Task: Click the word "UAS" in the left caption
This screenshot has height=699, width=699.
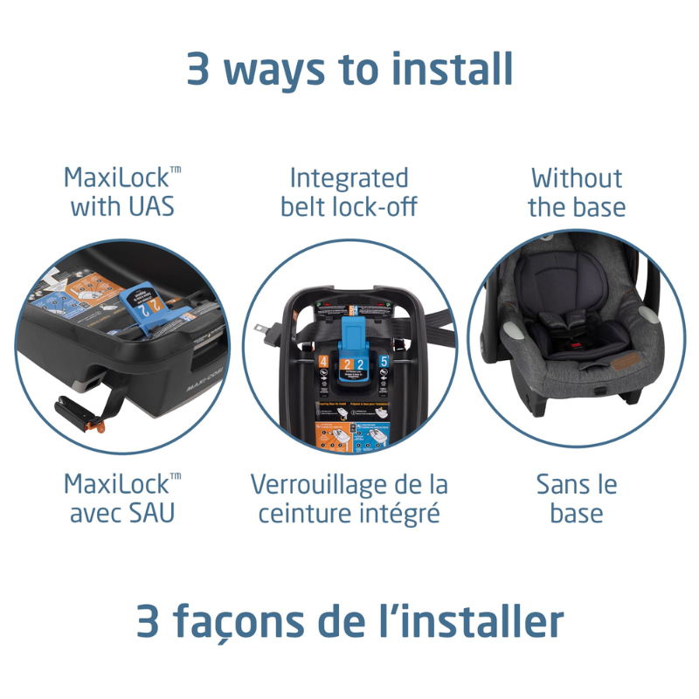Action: coord(154,207)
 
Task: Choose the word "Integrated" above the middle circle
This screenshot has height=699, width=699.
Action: coord(349,178)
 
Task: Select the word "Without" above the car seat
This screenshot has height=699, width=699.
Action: coord(577,178)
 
